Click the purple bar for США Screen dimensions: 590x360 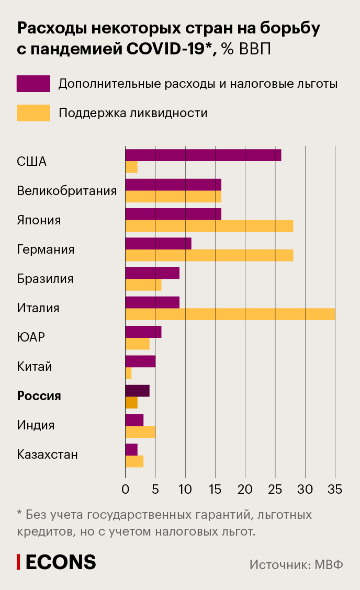click(x=203, y=155)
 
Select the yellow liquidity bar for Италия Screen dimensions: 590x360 click(x=230, y=314)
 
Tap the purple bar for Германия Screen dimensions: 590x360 click(x=158, y=243)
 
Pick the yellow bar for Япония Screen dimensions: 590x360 click(x=209, y=226)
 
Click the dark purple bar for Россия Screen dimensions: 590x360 click(x=137, y=390)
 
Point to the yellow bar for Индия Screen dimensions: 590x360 click(x=140, y=432)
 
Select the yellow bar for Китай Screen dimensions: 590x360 click(x=128, y=373)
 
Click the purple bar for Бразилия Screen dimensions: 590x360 click(x=152, y=273)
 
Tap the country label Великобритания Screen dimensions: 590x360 click(x=66, y=191)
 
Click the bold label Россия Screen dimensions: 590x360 click(x=39, y=396)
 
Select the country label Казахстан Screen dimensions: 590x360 click(x=47, y=455)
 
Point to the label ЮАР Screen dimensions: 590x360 click(x=31, y=337)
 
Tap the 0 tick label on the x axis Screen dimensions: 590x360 click(x=126, y=490)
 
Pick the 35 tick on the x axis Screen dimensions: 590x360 click(x=335, y=490)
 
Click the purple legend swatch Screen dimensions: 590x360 click(x=33, y=84)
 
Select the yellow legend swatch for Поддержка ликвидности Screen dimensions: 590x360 click(x=33, y=113)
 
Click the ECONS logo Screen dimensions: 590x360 click(x=57, y=562)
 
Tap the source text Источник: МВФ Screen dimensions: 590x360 click(x=296, y=565)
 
